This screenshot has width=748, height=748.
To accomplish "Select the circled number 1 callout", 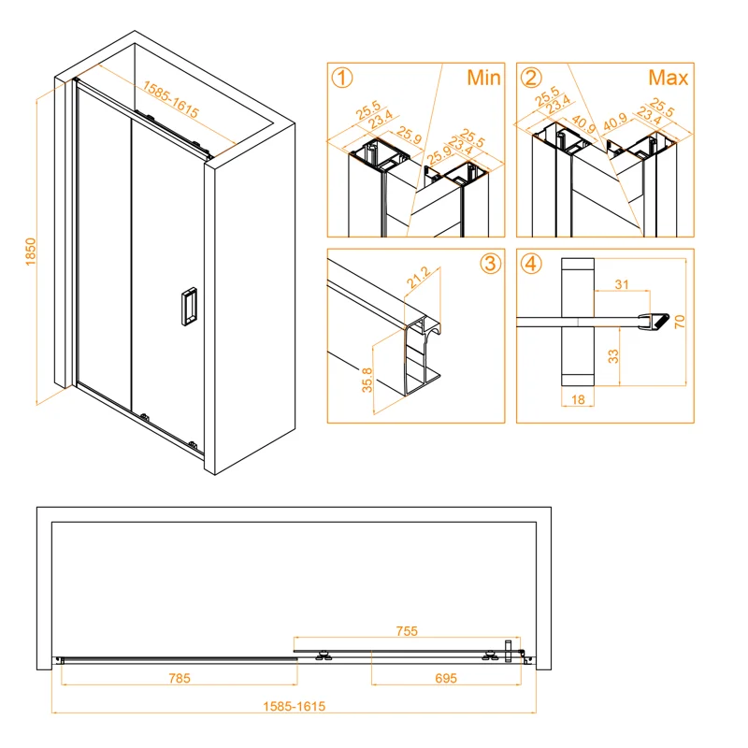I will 343,78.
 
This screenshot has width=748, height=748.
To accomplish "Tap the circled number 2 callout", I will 531,78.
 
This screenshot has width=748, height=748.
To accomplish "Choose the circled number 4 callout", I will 531,264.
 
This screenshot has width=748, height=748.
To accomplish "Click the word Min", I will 484,78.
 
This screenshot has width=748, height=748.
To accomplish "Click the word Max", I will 669,78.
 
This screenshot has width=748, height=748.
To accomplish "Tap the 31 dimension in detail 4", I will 622,284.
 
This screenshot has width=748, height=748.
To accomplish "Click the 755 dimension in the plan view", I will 406,632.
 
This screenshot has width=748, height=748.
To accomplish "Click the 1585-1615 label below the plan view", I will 294,708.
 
